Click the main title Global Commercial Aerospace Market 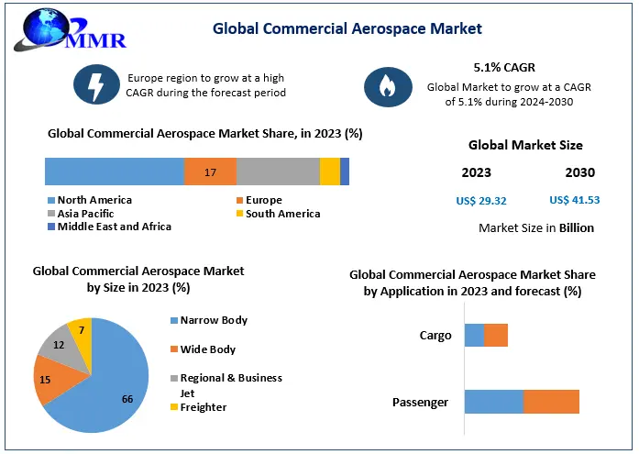[347, 28]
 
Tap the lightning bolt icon [96, 85]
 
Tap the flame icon [381, 86]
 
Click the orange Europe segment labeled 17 [210, 172]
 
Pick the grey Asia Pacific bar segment [278, 172]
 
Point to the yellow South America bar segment [329, 172]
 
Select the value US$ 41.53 [574, 200]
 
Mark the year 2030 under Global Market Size [579, 172]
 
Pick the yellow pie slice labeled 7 [81, 332]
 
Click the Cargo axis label [435, 336]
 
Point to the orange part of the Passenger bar [551, 402]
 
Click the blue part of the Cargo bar [474, 336]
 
